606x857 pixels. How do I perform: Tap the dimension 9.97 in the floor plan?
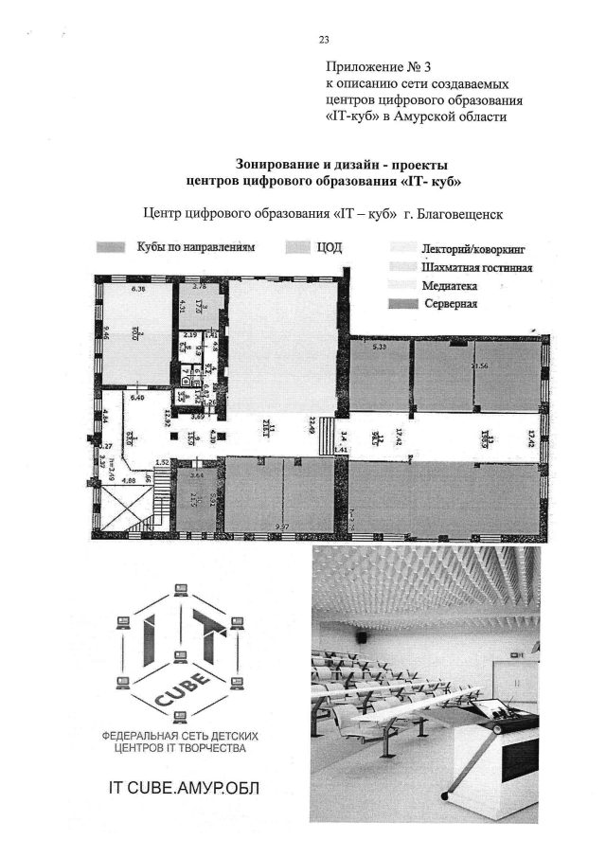coord(281,524)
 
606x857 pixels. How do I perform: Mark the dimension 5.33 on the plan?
coord(380,348)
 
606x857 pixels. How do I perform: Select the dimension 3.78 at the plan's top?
coord(200,285)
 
